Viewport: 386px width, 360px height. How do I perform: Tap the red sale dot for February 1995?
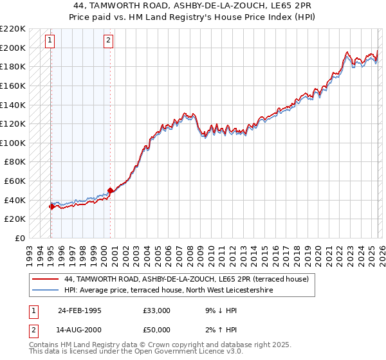(x=51, y=206)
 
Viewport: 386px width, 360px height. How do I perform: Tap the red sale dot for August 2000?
(x=110, y=190)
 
